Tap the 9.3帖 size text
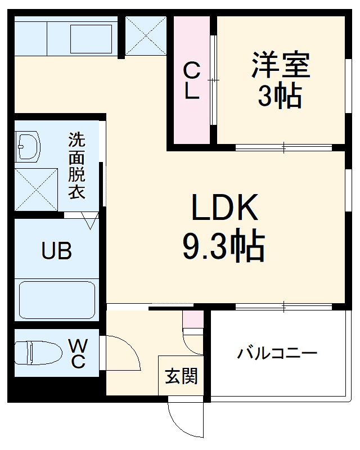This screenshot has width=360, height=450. pyautogui.click(x=224, y=245)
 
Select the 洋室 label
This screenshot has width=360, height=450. pyautogui.click(x=280, y=65)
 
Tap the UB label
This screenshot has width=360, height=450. pyautogui.click(x=56, y=251)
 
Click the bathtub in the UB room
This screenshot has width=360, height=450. pyautogui.click(x=56, y=300)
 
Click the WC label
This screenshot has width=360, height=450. pyautogui.click(x=78, y=353)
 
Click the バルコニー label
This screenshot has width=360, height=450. pyautogui.click(x=277, y=354)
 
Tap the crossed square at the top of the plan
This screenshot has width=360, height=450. pyautogui.click(x=145, y=36)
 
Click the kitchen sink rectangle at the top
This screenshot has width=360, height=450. pyautogui.click(x=91, y=38)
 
